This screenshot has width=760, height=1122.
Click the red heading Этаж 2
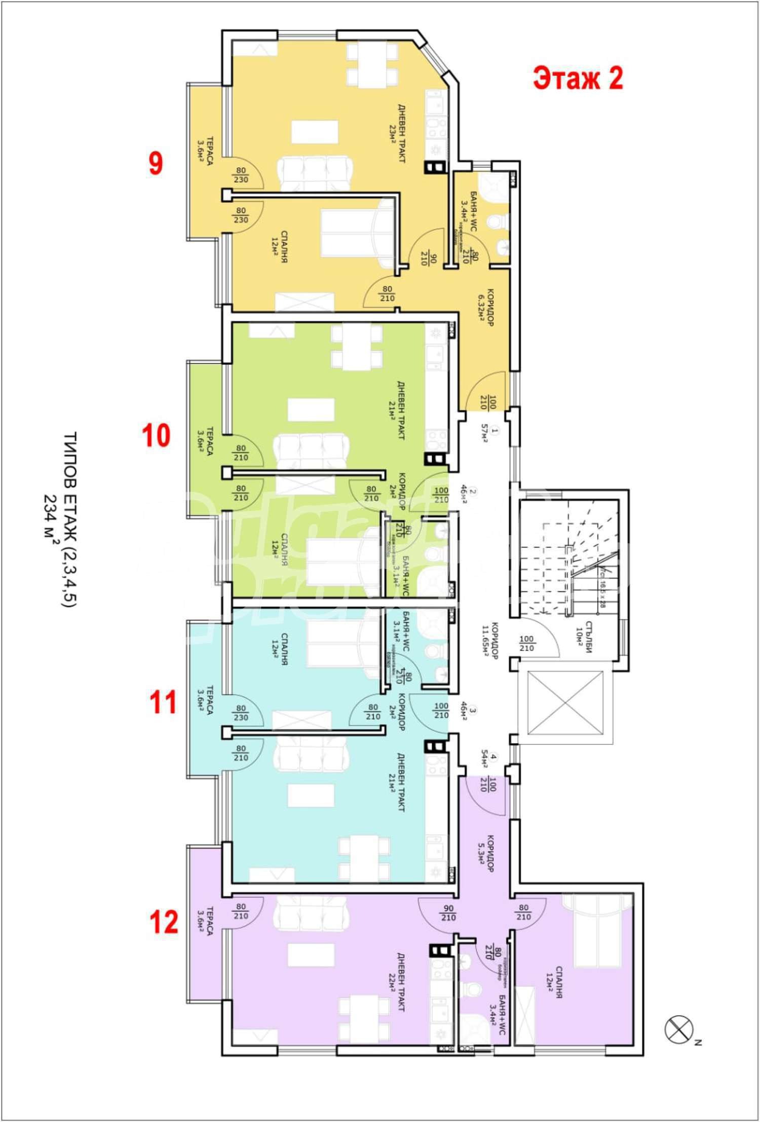coord(578,79)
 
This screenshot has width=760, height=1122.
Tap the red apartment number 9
coord(156,164)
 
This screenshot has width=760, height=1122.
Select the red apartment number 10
coord(156,435)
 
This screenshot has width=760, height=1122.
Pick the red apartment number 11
coord(163,702)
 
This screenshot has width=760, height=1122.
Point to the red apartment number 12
coord(164,922)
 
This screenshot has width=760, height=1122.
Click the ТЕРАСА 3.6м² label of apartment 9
coord(205,151)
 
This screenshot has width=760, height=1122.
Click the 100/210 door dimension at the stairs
coord(527,644)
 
